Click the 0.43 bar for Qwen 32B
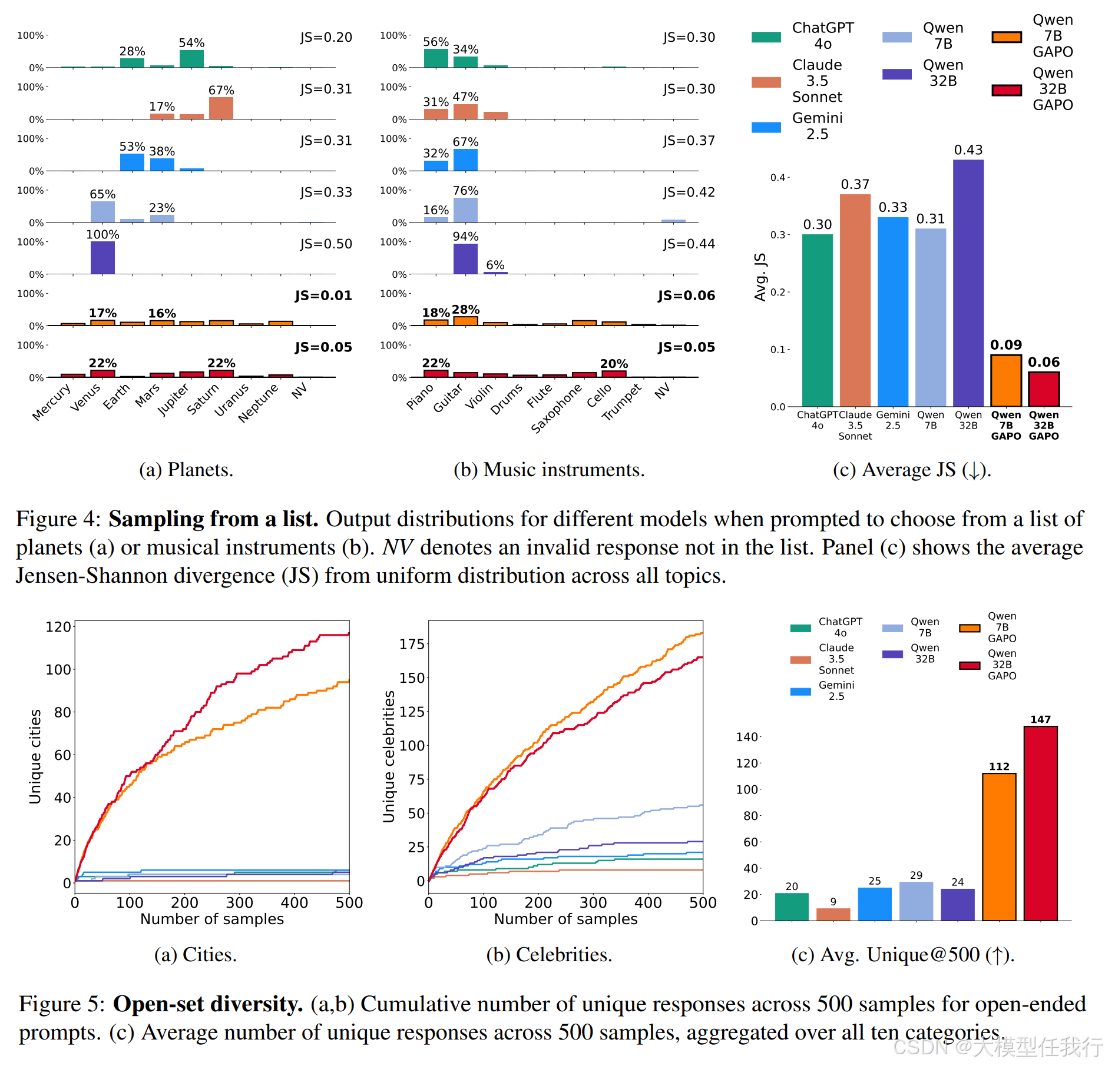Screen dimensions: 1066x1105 tap(968, 283)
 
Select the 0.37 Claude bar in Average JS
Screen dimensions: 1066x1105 tap(855, 300)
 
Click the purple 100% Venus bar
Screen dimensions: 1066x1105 tap(102, 258)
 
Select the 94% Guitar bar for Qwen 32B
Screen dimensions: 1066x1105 tap(465, 259)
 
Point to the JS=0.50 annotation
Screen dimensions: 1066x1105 tap(326, 244)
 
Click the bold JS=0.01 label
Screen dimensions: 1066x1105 tap(323, 295)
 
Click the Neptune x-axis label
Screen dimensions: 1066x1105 tap(258, 403)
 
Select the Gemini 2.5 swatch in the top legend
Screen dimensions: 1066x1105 tap(766, 127)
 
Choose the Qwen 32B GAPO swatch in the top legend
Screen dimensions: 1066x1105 tap(1006, 90)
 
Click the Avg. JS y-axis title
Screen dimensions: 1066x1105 tap(760, 277)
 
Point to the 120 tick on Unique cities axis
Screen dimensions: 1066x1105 tap(58, 627)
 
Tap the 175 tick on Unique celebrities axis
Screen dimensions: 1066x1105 tap(412, 644)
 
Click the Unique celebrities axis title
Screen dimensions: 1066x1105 tap(389, 756)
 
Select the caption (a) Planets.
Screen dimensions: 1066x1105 tap(186, 470)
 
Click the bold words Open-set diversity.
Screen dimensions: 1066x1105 tap(208, 1004)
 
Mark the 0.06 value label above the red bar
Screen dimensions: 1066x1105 tap(1043, 362)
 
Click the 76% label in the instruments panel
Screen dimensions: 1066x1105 tap(465, 191)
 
